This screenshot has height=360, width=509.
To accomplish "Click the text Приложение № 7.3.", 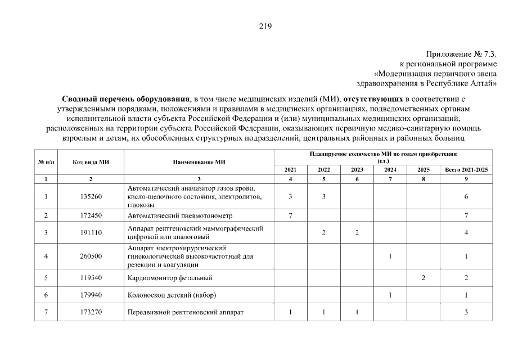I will tap(463, 55).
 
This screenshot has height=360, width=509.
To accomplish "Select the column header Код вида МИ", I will tap(91, 162).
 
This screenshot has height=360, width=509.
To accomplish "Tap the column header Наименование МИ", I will tap(199, 162).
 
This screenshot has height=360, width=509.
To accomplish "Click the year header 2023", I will tap(357, 169).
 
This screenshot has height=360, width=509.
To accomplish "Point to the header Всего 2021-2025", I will tap(466, 169).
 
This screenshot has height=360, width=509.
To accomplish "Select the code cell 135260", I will tap(91, 196).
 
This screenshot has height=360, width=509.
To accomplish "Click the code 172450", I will tap(91, 215).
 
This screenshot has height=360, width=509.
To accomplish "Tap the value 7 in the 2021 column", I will tap(290, 215).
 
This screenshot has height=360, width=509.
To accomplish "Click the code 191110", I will tap(91, 233).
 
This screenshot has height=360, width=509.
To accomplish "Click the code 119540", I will tap(91, 278).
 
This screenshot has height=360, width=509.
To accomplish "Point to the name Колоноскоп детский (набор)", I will tap(172, 295).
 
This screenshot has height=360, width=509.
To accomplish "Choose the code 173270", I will tap(91, 313).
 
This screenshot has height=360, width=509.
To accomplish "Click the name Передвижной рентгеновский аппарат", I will tap(188, 313).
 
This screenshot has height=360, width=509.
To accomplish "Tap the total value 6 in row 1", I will tap(466, 196).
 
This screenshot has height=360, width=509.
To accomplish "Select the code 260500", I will tap(91, 256).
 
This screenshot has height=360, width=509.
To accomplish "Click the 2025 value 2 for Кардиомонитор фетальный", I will tap(423, 278).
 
